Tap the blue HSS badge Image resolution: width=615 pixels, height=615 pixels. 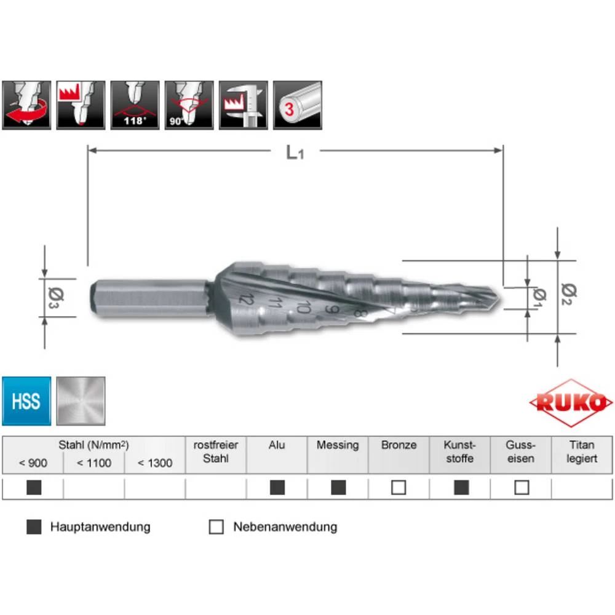(26, 402)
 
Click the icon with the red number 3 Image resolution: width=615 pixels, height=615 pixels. (298, 105)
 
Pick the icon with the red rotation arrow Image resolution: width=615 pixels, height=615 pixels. (26, 105)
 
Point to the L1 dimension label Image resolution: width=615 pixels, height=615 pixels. (295, 152)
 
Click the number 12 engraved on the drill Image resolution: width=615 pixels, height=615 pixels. (247, 300)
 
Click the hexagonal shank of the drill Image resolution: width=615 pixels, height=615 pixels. (148, 299)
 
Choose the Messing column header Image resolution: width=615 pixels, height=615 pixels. (338, 445)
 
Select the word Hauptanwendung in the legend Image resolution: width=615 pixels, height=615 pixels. (100, 527)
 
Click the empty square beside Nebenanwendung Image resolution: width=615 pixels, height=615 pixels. (216, 527)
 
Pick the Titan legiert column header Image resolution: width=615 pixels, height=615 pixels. (582, 452)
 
